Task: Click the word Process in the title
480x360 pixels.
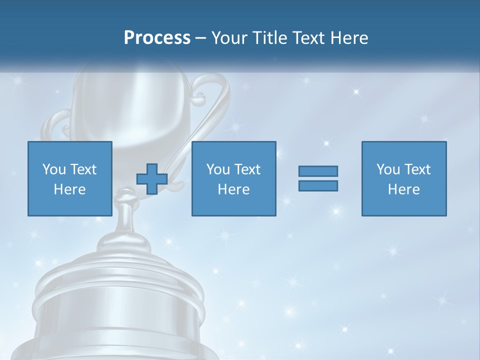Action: coord(157,38)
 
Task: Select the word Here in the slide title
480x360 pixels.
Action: coord(348,38)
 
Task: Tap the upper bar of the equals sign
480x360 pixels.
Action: coord(318,171)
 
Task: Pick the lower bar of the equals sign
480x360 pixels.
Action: coord(318,185)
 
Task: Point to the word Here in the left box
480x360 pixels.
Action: coord(69,189)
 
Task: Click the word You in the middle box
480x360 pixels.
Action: coord(218,169)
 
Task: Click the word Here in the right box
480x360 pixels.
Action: coord(403,189)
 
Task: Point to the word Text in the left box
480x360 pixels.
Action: coord(83,169)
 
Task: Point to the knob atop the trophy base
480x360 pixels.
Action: coord(124,200)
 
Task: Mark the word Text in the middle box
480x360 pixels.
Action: coord(247,169)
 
